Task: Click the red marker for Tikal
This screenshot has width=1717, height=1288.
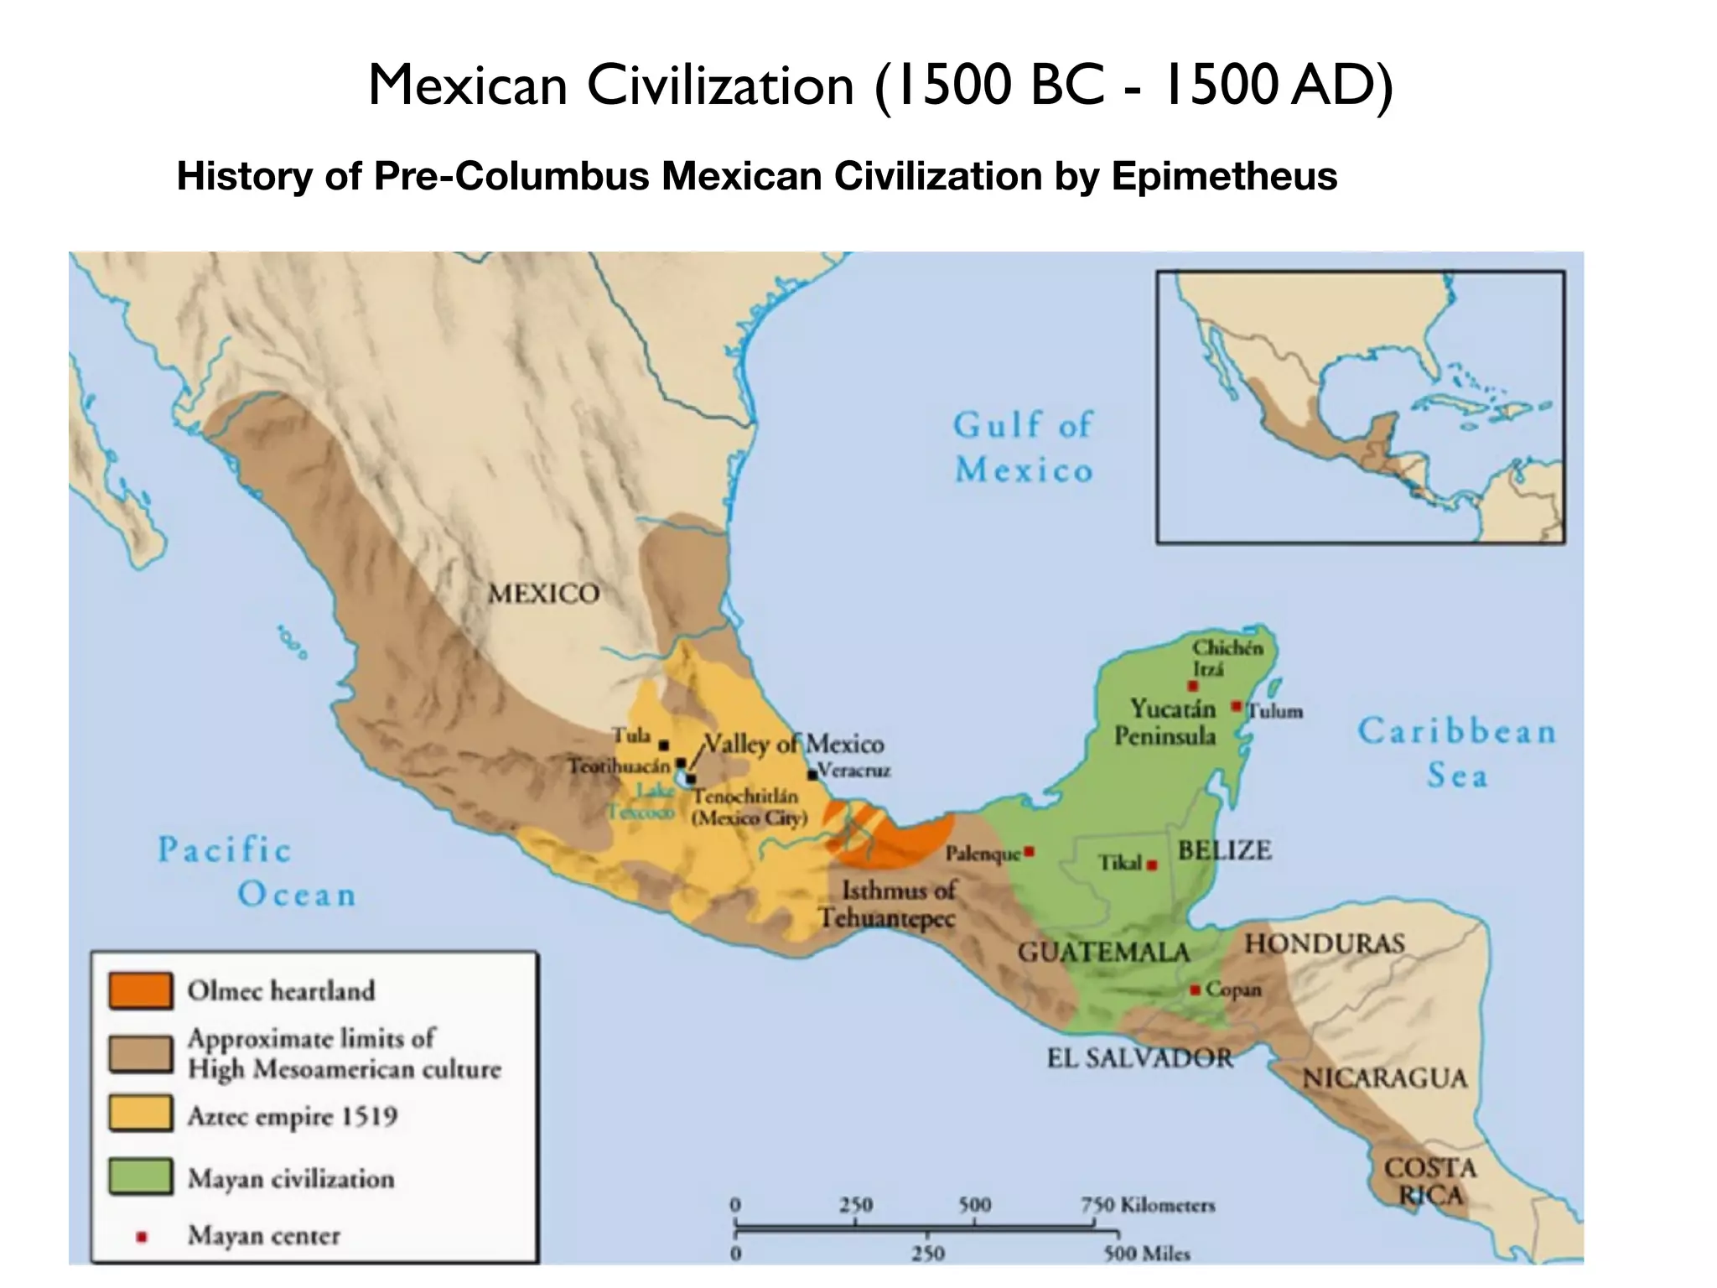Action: [x=1153, y=865]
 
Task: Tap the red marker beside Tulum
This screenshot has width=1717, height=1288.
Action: [x=1236, y=707]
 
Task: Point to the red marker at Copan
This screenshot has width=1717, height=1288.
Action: [x=1195, y=990]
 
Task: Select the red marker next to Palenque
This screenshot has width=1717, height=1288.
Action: [x=1030, y=852]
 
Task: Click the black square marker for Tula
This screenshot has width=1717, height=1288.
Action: [x=663, y=745]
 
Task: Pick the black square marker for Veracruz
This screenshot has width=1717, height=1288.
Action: [x=812, y=774]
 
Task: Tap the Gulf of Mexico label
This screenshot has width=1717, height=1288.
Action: [x=1023, y=448]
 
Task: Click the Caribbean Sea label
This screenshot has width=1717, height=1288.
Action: [x=1457, y=752]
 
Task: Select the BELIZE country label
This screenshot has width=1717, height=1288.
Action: [x=1224, y=850]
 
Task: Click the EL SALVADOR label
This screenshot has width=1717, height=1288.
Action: [x=1140, y=1058]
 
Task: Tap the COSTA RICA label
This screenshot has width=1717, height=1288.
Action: [x=1429, y=1182]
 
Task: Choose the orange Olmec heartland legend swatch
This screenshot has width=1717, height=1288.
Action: [x=141, y=990]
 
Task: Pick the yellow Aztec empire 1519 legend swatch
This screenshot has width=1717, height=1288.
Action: [x=141, y=1114]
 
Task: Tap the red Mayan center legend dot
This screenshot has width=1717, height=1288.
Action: [x=142, y=1236]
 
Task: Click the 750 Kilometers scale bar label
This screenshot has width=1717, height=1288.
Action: [x=1147, y=1205]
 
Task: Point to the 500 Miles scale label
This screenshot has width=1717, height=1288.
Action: [x=1146, y=1254]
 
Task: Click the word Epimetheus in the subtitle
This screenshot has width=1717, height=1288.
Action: [x=1224, y=176]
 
